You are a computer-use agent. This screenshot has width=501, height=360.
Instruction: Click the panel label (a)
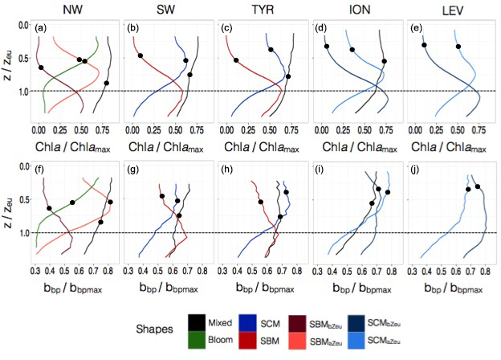(x=43, y=28)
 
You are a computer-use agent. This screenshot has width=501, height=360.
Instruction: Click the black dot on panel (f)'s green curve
(x=72, y=202)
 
